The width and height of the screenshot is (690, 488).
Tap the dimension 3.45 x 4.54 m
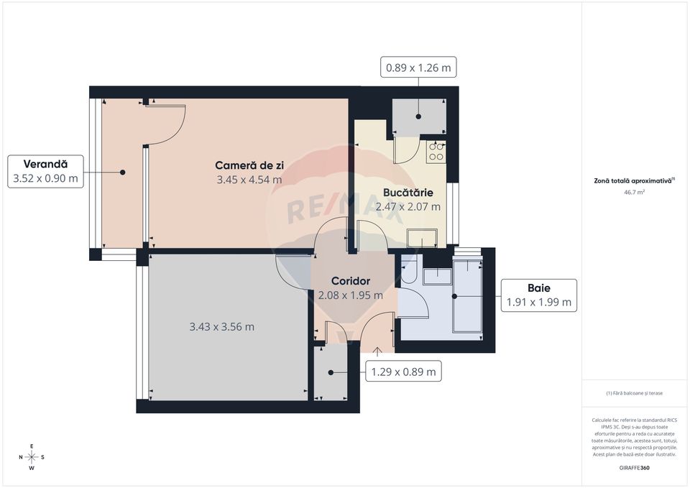pyautogui.click(x=249, y=180)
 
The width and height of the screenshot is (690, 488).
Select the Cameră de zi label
pyautogui.click(x=249, y=165)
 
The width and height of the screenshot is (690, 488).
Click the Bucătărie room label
pyautogui.click(x=408, y=193)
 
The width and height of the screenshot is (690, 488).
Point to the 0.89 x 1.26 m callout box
pyautogui.click(x=418, y=68)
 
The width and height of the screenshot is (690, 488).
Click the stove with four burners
pyautogui.click(x=436, y=152)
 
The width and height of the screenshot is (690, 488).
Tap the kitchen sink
pyautogui.click(x=422, y=238)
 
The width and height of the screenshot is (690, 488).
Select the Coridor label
pyautogui.click(x=350, y=280)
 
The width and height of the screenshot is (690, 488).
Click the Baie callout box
pyautogui.click(x=538, y=295)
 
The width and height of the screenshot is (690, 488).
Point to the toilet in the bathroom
pyautogui.click(x=408, y=270)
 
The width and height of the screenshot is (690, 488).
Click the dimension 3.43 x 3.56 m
pyautogui.click(x=221, y=327)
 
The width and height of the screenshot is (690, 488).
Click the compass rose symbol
pyautogui.click(x=32, y=457)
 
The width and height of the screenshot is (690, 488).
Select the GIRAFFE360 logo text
pyautogui.click(x=635, y=468)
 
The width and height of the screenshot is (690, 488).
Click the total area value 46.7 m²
pyautogui.click(x=635, y=193)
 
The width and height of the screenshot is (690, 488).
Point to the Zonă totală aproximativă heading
pyautogui.click(x=635, y=181)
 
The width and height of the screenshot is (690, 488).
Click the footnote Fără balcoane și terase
pyautogui.click(x=635, y=393)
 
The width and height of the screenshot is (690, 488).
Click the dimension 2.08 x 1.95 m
pyautogui.click(x=350, y=295)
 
